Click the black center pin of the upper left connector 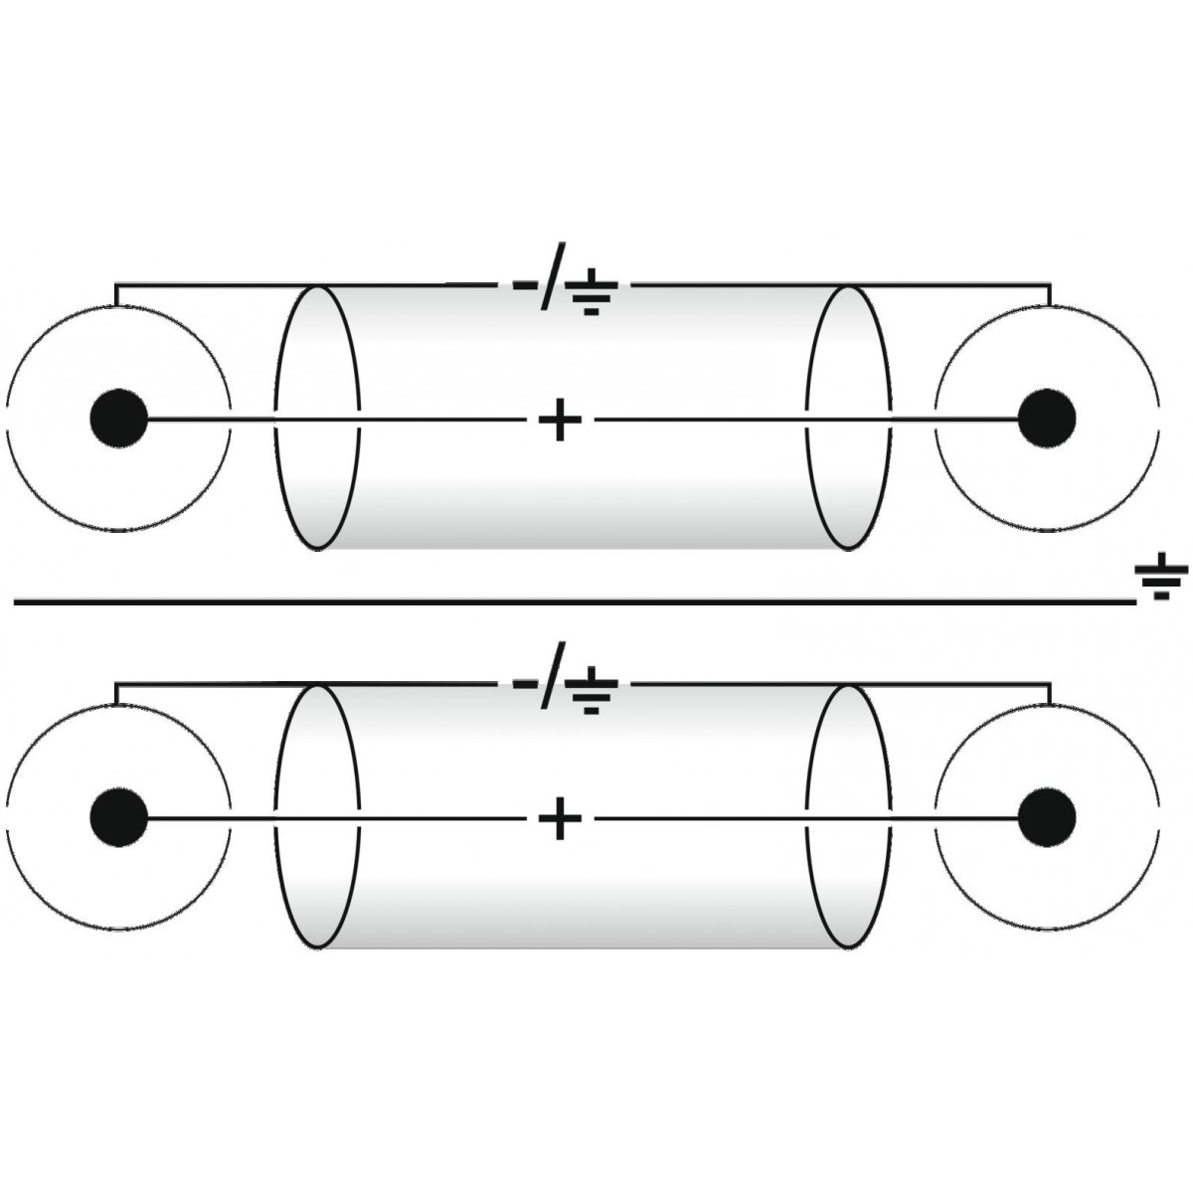coord(119,419)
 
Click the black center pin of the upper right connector coord(1048,419)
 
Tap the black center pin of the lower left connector coord(119,817)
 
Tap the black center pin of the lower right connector coord(1048,817)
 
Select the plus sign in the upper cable coord(561,420)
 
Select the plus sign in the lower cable coord(561,818)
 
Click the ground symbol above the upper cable coord(593,291)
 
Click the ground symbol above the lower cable coord(593,690)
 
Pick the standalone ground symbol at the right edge coord(1161,576)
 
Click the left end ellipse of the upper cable coord(275,419)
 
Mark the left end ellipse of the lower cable coord(275,817)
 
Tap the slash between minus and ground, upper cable coord(553,276)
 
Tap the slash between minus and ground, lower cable coord(553,675)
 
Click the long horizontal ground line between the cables coord(576,601)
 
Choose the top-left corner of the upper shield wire coord(115,284)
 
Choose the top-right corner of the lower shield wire coord(1051,683)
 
